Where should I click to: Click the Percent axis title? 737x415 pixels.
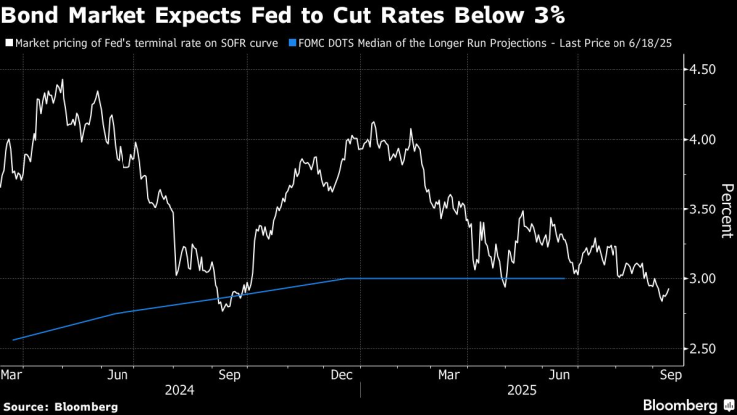point(726,209)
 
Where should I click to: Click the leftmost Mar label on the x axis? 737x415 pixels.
point(12,375)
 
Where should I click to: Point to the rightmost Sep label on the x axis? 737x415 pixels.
point(669,375)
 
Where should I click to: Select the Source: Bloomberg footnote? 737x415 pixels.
point(62,406)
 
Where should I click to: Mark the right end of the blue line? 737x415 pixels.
point(566,279)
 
